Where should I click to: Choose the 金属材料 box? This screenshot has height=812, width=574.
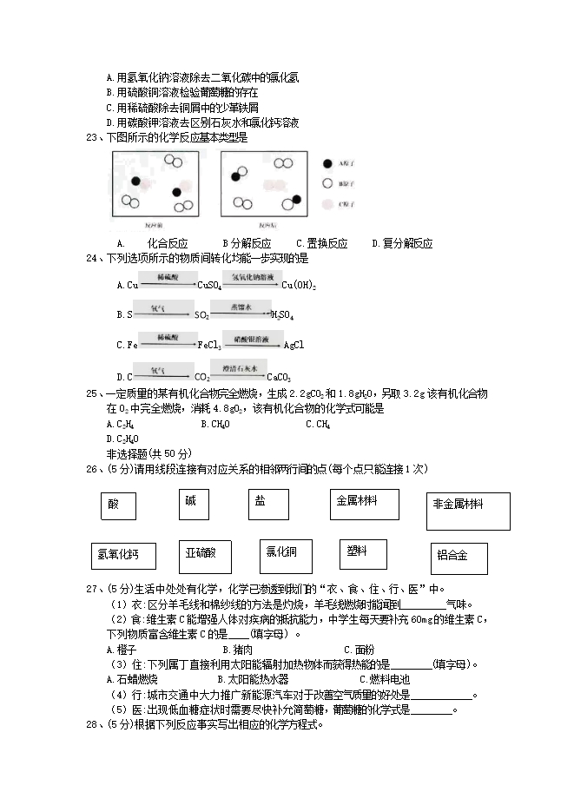pos(364,504)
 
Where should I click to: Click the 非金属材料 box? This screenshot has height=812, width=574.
pos(467,511)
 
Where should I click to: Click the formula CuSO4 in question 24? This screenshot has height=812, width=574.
pos(210,285)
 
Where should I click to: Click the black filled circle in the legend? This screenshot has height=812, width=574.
pos(327,163)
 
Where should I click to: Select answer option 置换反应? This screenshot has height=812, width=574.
pos(321,243)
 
